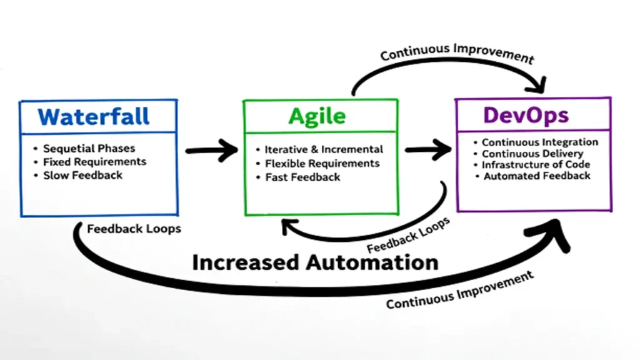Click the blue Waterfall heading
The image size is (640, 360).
pyautogui.click(x=94, y=116)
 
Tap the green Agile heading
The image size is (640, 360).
pyautogui.click(x=317, y=116)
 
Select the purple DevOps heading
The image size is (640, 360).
pyautogui.click(x=526, y=115)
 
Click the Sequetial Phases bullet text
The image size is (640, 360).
pyautogui.click(x=89, y=149)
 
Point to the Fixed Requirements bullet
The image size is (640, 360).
pyautogui.click(x=94, y=162)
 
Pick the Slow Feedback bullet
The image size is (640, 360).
pyautogui.click(x=82, y=176)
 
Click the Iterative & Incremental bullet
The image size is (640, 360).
pyautogui.click(x=324, y=150)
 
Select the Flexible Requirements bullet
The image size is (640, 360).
pyautogui.click(x=322, y=164)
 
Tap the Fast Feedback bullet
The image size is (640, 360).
pyautogui.click(x=302, y=177)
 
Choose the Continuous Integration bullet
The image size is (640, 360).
pyautogui.click(x=539, y=142)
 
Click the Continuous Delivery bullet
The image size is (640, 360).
pyautogui.click(x=532, y=154)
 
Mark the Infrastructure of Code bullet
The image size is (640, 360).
pyautogui.click(x=536, y=165)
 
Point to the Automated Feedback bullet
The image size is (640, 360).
pyautogui.click(x=537, y=176)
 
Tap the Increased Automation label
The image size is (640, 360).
pyautogui.click(x=314, y=262)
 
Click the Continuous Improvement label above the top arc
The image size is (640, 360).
pyautogui.click(x=457, y=54)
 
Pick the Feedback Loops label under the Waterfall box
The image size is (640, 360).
pyautogui.click(x=134, y=229)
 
